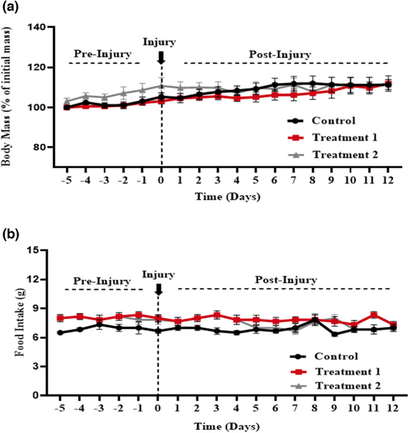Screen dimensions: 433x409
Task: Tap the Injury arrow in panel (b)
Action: (159, 289)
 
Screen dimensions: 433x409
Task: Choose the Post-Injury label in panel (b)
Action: (284, 281)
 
